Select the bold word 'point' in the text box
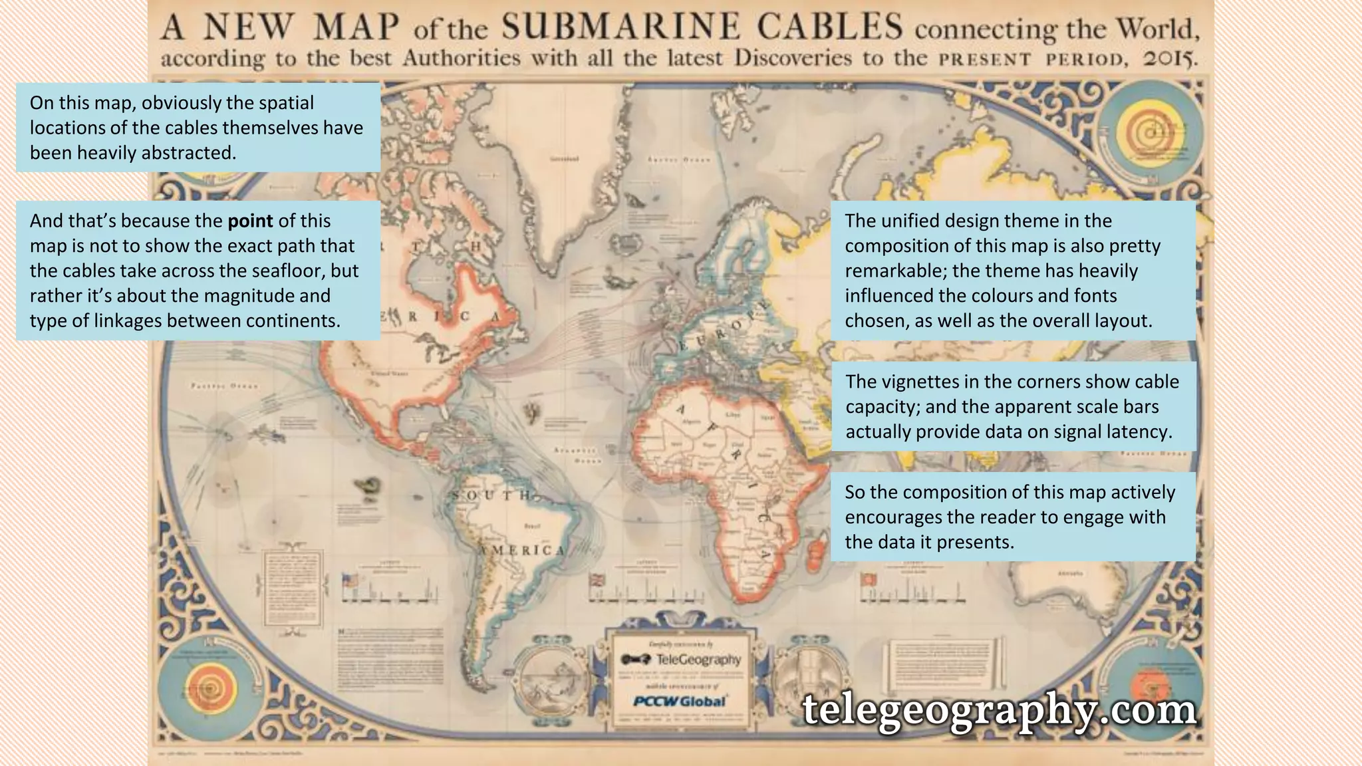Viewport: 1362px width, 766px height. pyautogui.click(x=250, y=221)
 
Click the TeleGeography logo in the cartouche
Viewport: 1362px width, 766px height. pyautogui.click(x=681, y=659)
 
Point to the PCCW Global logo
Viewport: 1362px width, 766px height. pyautogui.click(x=679, y=701)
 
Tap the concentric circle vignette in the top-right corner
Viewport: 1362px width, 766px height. pyautogui.click(x=1151, y=134)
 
